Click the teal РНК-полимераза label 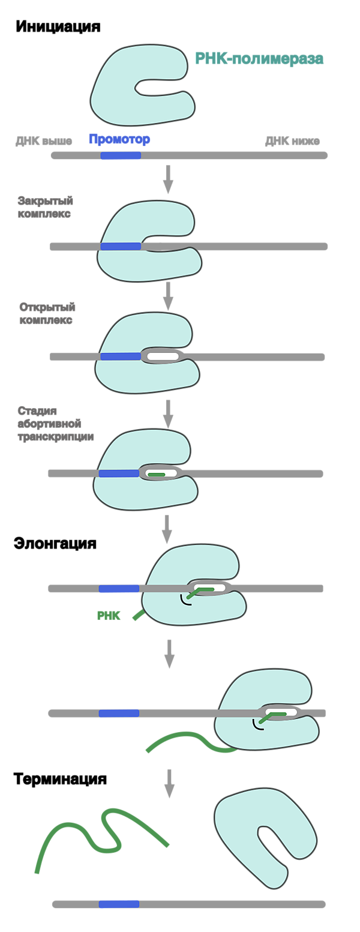259,59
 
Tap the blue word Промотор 119,140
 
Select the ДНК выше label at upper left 44,142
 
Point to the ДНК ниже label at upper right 292,142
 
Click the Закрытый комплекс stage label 45,207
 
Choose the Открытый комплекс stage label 47,314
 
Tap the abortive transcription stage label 54,424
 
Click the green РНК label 109,616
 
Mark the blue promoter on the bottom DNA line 119,904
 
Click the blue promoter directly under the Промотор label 121,156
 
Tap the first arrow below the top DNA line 168,179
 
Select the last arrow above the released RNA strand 169,783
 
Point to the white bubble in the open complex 163,356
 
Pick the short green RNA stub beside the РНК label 137,615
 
